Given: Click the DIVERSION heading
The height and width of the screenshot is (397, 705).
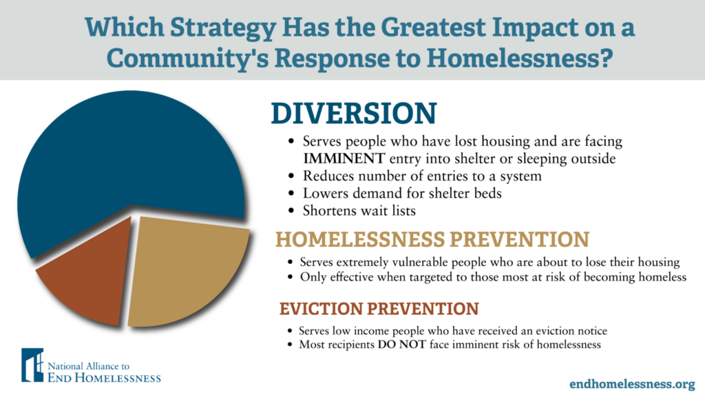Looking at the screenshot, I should (353, 113).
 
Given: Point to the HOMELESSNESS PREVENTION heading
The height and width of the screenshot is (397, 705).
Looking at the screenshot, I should (432, 239).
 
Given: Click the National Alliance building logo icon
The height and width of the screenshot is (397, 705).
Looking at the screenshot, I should (32, 365).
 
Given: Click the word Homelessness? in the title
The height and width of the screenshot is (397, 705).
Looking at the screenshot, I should (519, 59).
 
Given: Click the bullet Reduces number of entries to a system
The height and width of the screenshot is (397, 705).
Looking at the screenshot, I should (422, 176).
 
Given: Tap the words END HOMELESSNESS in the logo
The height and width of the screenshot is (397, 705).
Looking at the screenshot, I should (104, 378).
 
